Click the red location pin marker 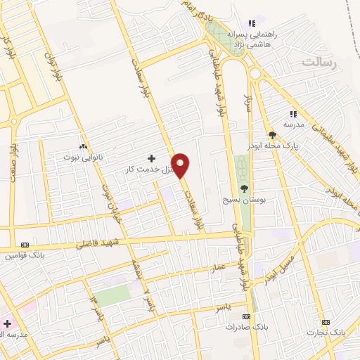click(x=181, y=165)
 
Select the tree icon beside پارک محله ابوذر click(x=272, y=136)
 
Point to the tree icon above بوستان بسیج click(x=244, y=188)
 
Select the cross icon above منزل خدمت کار click(x=151, y=159)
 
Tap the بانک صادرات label click(x=244, y=327)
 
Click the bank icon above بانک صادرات click(x=246, y=316)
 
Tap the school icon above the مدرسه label click(x=294, y=113)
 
